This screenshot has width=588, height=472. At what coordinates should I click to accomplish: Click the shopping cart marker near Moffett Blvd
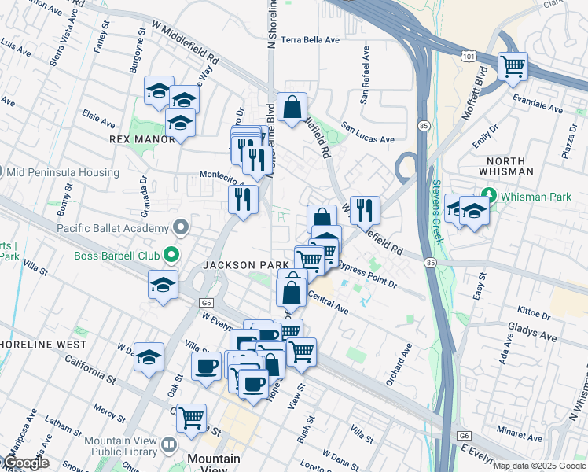tap(513, 67)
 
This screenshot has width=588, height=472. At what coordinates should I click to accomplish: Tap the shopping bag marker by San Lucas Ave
tap(292, 108)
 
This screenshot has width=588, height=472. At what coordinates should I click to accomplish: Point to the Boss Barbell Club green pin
tap(170, 255)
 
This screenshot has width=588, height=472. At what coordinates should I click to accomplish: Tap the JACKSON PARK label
tap(246, 265)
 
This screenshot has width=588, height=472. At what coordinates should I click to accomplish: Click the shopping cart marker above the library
tap(191, 418)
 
